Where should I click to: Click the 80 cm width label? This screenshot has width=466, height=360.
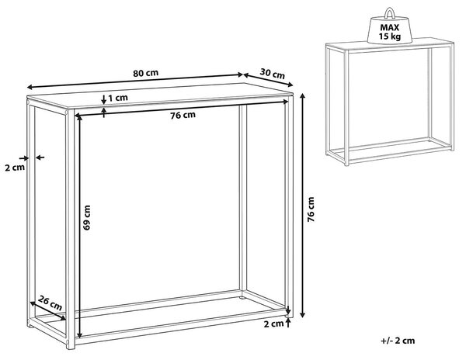coord(146,73)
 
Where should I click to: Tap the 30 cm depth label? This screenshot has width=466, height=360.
coord(273,73)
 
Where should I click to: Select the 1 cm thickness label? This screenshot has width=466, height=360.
coord(118,98)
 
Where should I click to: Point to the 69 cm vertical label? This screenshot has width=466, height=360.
coord(86,217)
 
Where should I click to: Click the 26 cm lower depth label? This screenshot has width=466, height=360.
coord(50,303)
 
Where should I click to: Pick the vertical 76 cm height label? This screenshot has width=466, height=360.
coord(311,209)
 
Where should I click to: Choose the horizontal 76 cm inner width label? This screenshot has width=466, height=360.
coord(183,115)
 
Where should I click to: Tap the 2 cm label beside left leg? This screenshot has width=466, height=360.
coord(15,168)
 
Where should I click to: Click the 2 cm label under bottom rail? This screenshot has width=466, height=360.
coord(273,324)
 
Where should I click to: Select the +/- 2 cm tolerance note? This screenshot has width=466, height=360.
coord(398,341)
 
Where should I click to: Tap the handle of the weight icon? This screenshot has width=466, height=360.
coord(390,12)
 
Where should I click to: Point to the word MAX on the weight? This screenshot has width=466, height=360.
coord(390,28)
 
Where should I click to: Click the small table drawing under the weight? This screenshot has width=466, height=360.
coord(390,102)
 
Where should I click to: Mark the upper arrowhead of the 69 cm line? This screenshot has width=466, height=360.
coord(78,118)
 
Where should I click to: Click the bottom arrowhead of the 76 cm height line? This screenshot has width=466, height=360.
coord(303,314)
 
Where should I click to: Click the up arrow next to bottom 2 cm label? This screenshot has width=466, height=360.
coord(287,323)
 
